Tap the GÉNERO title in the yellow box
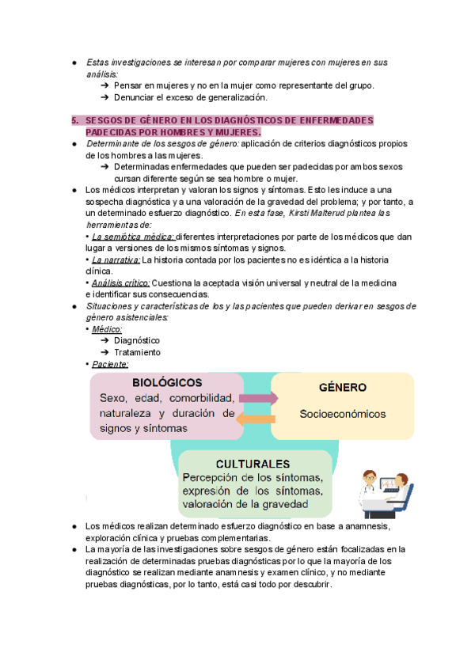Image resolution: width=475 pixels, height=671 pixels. click(x=342, y=388)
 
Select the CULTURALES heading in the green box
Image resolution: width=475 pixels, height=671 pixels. click(x=245, y=463)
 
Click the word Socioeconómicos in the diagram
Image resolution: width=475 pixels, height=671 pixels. click(x=342, y=413)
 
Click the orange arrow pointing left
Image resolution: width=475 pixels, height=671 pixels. click(x=259, y=419)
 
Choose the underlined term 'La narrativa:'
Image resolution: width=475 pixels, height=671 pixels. click(x=116, y=260)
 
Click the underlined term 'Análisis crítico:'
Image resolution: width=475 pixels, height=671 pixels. click(x=120, y=282)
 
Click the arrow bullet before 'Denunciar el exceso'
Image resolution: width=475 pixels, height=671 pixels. click(x=106, y=97)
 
